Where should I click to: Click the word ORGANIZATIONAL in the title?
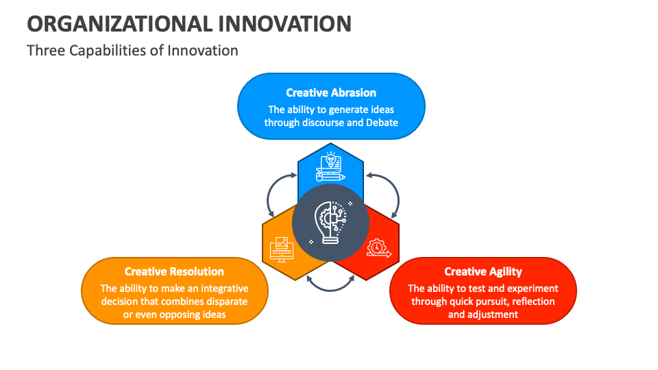[118, 23]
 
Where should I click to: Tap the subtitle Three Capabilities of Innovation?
[132, 51]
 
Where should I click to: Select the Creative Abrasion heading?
[331, 92]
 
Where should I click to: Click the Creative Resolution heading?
[174, 271]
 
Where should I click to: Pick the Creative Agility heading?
[483, 271]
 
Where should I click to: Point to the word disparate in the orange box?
[225, 301]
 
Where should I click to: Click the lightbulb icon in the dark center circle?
[331, 223]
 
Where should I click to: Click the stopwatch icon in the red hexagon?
[378, 247]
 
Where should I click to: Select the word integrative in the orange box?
[224, 288]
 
